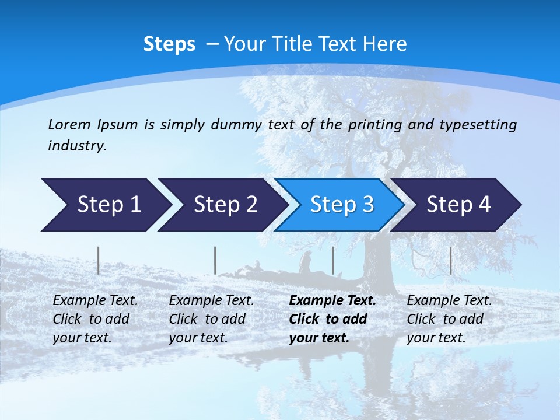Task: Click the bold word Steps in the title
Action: (x=169, y=44)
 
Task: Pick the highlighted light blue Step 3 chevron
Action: (x=342, y=205)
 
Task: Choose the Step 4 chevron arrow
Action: (x=459, y=205)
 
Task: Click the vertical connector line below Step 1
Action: (x=99, y=260)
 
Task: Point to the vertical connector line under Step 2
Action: (x=215, y=260)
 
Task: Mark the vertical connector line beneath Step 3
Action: (x=333, y=260)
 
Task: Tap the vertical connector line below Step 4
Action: (x=451, y=260)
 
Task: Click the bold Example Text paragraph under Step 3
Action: (x=332, y=319)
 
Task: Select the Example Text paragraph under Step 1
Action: (x=95, y=319)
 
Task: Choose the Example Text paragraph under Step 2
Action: (x=211, y=319)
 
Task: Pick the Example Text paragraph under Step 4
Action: (x=449, y=319)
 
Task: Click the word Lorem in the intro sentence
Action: (x=69, y=124)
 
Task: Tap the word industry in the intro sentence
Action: (x=76, y=146)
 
